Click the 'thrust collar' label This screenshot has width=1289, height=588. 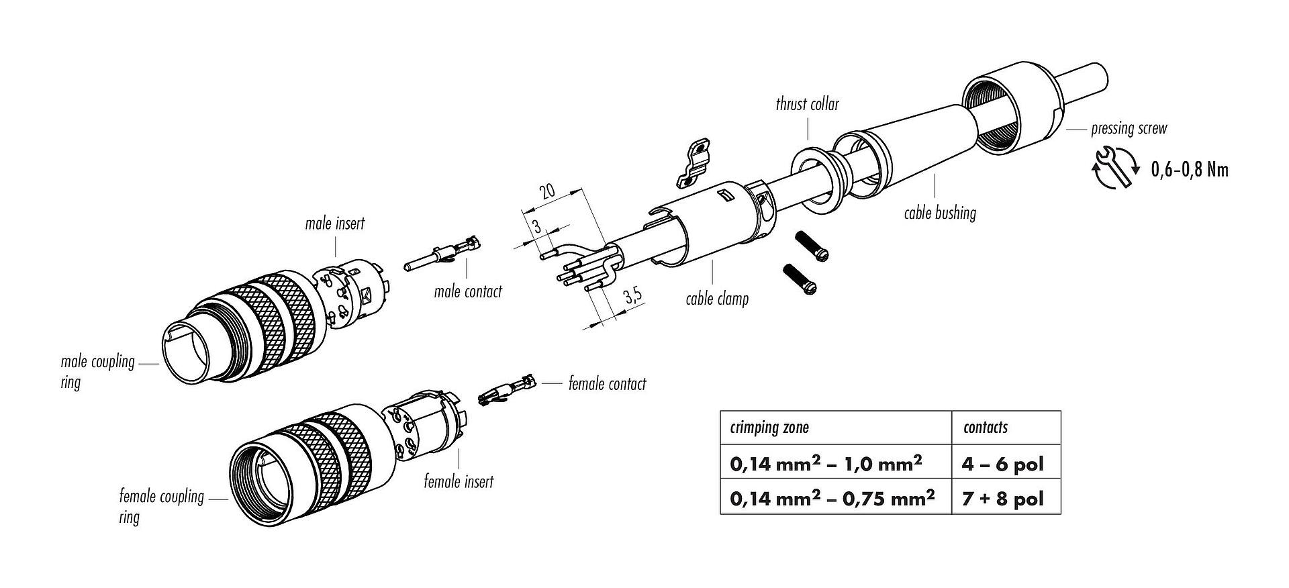point(807,104)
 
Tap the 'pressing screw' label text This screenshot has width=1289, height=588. point(1129,128)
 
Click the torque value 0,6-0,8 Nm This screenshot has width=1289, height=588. point(1190,170)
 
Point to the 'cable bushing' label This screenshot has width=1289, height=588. point(939,213)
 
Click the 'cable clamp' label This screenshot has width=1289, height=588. point(716,298)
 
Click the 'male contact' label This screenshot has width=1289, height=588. point(468,291)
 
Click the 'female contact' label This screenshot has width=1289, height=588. point(607,384)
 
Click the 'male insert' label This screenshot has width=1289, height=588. point(334,223)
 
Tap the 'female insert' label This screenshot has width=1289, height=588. point(459,481)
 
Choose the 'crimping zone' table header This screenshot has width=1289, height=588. point(769,428)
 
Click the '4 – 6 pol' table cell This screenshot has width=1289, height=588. point(1004,463)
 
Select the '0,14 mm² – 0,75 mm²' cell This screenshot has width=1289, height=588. point(832,498)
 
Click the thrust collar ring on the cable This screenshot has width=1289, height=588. point(814,178)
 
